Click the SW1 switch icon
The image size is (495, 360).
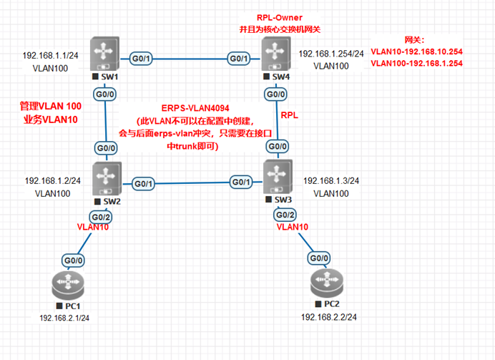(104, 54)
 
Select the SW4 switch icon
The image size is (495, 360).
(276, 54)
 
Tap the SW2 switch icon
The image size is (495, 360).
(107, 179)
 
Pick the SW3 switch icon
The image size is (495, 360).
(278, 177)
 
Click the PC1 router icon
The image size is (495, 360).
(68, 285)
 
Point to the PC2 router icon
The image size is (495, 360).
(327, 283)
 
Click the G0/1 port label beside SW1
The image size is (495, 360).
(141, 59)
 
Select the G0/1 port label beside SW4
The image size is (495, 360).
(239, 59)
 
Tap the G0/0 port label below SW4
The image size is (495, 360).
(275, 94)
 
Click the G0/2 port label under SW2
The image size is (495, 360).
(101, 218)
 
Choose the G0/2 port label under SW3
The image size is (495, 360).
(285, 215)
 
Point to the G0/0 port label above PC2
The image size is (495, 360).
(319, 258)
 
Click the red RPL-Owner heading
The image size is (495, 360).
(280, 18)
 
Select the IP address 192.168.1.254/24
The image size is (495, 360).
(331, 54)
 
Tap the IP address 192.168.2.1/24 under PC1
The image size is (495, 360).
(64, 318)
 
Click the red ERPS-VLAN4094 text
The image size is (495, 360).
(195, 108)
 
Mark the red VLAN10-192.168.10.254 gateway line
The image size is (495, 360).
(417, 52)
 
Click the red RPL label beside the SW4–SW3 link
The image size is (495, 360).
(290, 115)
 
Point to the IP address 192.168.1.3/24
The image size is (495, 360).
(331, 181)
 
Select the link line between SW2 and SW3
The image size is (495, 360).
(192, 183)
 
